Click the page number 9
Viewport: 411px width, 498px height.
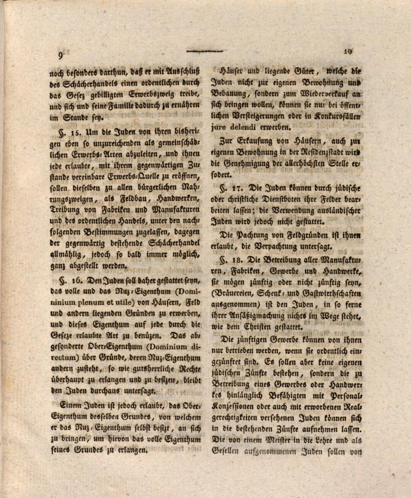point(61,56)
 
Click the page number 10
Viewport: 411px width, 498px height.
point(348,51)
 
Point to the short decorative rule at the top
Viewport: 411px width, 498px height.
point(204,51)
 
